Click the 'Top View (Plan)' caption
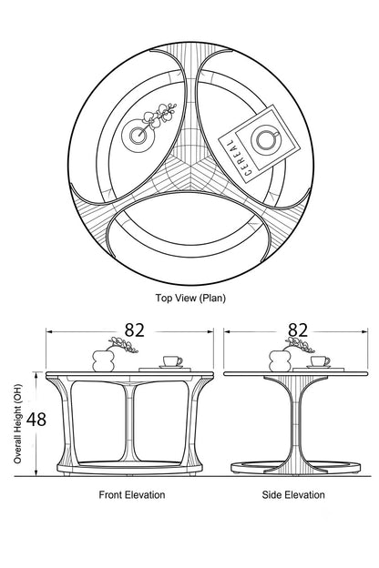pos(190,298)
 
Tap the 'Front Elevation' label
pos(132,494)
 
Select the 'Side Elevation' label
pos(293,494)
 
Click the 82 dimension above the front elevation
pos(135,330)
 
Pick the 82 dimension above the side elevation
pos(298,330)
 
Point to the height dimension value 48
pos(36,420)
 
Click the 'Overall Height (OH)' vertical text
pos(17,424)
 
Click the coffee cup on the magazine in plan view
pos(267,138)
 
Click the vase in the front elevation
pos(105,360)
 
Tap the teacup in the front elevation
pos(172,361)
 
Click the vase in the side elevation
pos(280,360)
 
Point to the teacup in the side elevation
pos(321,361)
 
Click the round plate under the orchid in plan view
pos(138,136)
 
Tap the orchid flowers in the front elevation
pos(123,344)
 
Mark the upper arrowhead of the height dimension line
pos(36,375)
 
